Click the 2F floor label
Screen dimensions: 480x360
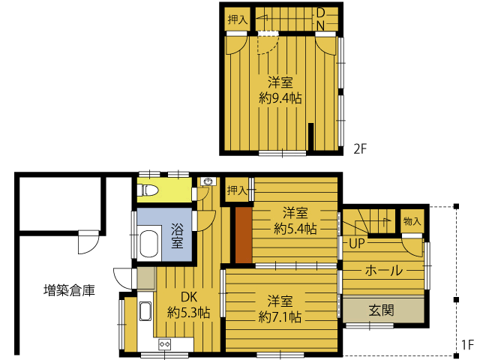pos(360,149)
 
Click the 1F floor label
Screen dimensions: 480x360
pos(467,345)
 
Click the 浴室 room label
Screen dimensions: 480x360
pos(177,235)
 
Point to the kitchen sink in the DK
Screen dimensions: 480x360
pos(145,311)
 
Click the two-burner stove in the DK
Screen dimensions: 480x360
pos(164,344)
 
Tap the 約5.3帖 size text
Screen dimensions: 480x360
pos(188,313)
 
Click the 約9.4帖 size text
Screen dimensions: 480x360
pos(280,98)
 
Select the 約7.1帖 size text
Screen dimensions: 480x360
pos(280,316)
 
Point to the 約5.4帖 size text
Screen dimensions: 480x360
pos(295,228)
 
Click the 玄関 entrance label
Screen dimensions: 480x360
pos(381,310)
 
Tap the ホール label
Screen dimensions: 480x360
pos(383,271)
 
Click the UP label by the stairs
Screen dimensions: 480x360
pos(357,243)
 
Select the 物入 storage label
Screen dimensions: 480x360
pos(412,220)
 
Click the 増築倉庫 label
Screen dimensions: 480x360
pos(69,290)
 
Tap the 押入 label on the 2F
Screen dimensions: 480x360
pos(238,19)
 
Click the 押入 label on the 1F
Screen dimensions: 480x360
pos(237,190)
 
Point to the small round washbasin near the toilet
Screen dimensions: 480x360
pos(208,181)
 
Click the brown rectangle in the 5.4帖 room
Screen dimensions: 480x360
pos(244,235)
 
